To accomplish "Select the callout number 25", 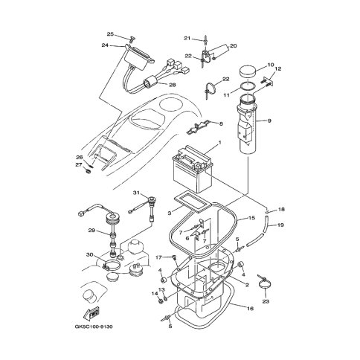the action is (x=110, y=34).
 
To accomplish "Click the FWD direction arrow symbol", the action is (x=92, y=314).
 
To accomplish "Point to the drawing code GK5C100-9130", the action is (x=94, y=327).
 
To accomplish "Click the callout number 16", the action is (x=251, y=309).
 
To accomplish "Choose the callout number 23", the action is (x=266, y=301).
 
